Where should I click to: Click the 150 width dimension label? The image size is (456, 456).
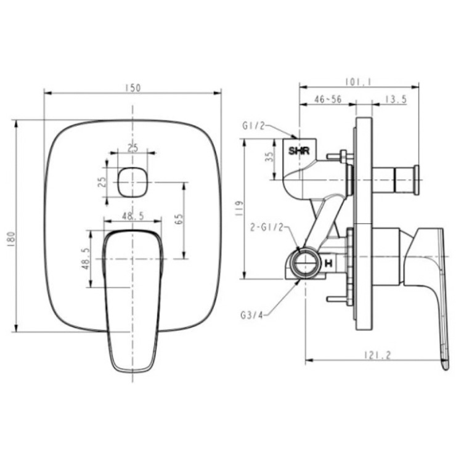pos(133,88)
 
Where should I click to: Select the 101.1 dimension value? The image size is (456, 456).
pos(359,82)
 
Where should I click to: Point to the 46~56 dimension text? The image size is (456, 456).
pos(328,99)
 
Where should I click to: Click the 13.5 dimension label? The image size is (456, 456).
pos(396,99)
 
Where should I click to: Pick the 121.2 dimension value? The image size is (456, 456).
pos(378,355)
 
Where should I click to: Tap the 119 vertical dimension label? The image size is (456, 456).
pos(239,208)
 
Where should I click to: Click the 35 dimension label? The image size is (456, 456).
pos(270,157)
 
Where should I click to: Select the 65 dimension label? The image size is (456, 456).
pos(179,219)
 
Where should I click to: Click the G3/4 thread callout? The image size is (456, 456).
pos(252,315)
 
